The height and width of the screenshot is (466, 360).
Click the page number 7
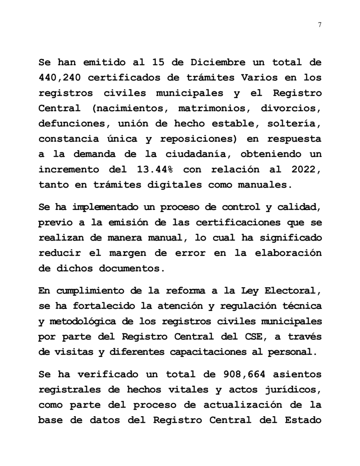[x=319, y=25]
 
